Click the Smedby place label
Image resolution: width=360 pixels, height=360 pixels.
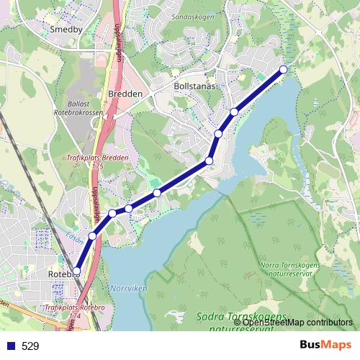point(67,30)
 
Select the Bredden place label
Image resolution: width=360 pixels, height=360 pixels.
point(126,94)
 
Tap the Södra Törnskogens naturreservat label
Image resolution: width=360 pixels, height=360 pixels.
point(241,321)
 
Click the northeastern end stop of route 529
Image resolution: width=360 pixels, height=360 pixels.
point(283,69)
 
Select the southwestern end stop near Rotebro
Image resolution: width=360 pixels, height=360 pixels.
point(76,271)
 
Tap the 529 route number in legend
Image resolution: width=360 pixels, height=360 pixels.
point(30,346)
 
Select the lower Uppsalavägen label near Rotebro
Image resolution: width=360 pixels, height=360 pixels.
point(94,205)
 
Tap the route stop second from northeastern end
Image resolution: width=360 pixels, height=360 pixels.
point(234,112)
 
